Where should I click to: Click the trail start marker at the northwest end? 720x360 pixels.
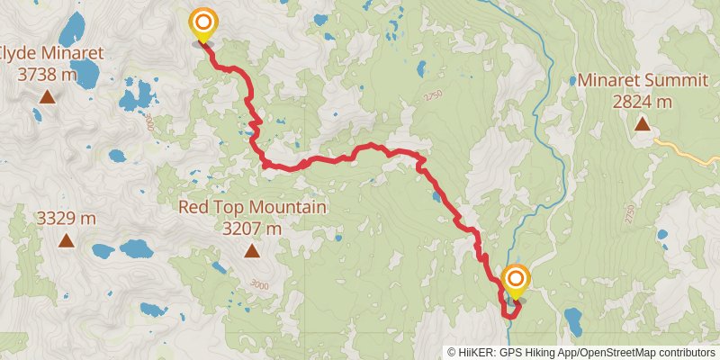203,23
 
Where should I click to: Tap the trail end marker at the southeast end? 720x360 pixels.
516,281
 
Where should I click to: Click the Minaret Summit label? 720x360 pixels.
642,81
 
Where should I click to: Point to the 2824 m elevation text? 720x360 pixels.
642,102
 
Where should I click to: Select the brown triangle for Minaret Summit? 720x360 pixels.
642,123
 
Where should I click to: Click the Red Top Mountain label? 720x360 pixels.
252,208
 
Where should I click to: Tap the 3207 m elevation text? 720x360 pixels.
252,229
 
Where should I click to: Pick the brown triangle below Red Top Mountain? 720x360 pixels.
253,252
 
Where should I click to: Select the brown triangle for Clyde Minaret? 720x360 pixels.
46,96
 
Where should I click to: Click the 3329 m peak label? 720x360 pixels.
66,219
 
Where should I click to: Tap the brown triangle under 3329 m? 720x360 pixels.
66,240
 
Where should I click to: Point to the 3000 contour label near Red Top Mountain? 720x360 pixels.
260,285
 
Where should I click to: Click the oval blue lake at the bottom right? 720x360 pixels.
572,319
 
